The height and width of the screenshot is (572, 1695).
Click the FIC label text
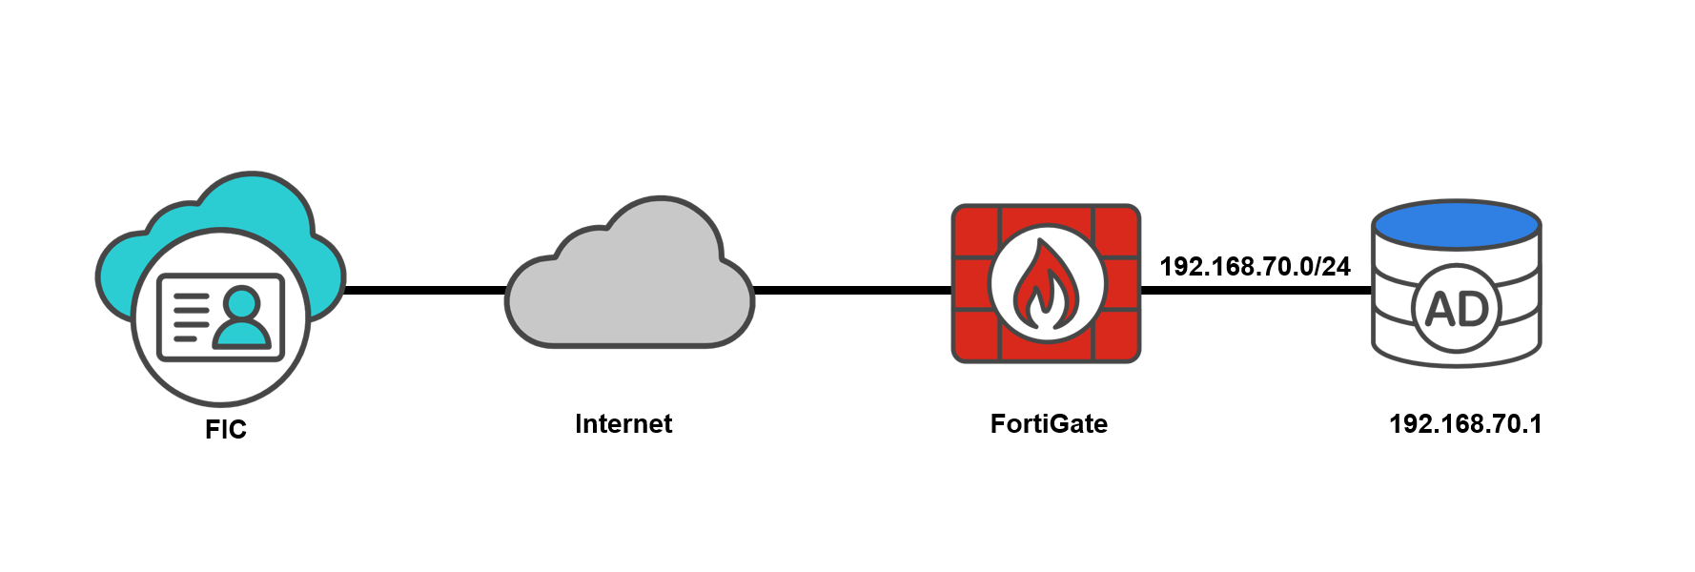226,430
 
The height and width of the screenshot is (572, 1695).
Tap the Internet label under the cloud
623,424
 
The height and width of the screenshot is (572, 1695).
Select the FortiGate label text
1049,424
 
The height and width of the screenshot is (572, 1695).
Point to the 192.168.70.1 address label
1465,424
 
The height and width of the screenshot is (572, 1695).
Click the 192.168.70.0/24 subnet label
1255,267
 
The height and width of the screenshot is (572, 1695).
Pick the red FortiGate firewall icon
1046,283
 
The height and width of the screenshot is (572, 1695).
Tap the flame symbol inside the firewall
1046,284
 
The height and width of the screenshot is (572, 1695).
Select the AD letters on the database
1457,309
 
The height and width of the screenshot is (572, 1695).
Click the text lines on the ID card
191,317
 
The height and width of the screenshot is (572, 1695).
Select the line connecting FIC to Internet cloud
425,290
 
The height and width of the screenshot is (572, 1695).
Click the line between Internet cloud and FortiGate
852,290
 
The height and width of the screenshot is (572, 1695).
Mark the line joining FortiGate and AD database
1256,290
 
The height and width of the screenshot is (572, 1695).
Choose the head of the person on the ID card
242,303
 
